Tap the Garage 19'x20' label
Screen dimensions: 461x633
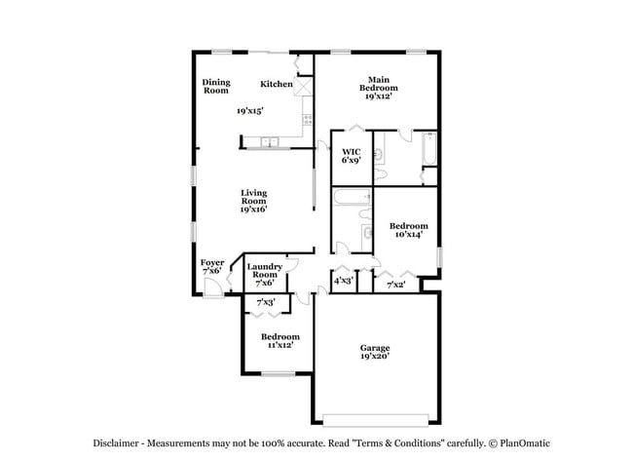coord(375,353)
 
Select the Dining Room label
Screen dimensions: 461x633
coord(215,87)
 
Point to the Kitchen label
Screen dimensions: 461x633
coord(276,84)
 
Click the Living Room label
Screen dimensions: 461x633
coord(253,201)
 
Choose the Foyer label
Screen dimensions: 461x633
coord(212,266)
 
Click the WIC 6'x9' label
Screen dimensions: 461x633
coord(352,156)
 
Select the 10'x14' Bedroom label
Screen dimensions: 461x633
coord(410,230)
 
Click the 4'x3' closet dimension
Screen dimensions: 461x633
coord(343,282)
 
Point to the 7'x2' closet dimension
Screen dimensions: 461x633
coord(396,285)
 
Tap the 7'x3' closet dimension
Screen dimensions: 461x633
coord(265,303)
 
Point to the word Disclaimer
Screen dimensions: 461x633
coord(117,442)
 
